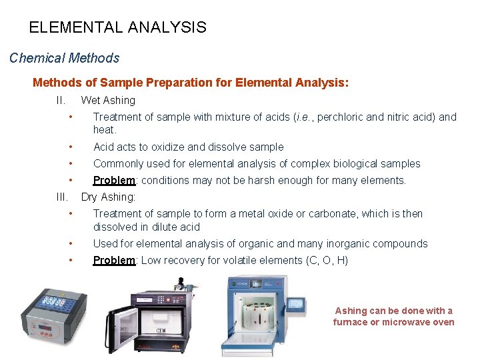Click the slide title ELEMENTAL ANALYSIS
(117, 27)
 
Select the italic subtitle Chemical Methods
(64, 58)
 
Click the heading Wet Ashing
(107, 100)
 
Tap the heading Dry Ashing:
(108, 197)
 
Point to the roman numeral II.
(60, 100)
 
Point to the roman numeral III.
(61, 197)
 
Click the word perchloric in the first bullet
(340, 117)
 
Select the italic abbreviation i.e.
(305, 117)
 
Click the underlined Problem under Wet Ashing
(114, 180)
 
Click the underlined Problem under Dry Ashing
(114, 260)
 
